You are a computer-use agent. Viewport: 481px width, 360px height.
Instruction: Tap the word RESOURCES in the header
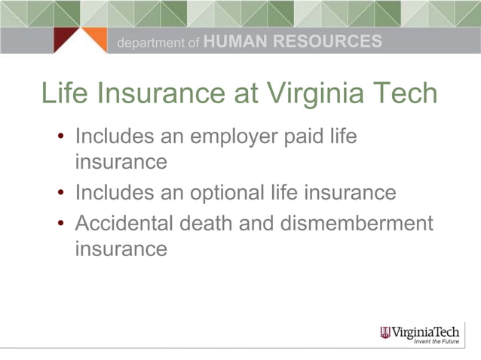[x=326, y=42]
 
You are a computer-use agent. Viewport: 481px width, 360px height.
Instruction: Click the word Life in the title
[x=63, y=94]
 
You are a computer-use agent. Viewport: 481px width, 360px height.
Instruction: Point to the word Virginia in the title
[x=317, y=94]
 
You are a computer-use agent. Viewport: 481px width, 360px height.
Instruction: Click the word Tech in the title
[x=403, y=94]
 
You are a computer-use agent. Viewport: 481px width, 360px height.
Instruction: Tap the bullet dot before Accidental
[x=62, y=225]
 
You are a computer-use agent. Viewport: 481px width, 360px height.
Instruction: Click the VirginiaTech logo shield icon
[x=385, y=332]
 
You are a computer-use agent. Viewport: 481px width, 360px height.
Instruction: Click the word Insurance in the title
[x=159, y=94]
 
